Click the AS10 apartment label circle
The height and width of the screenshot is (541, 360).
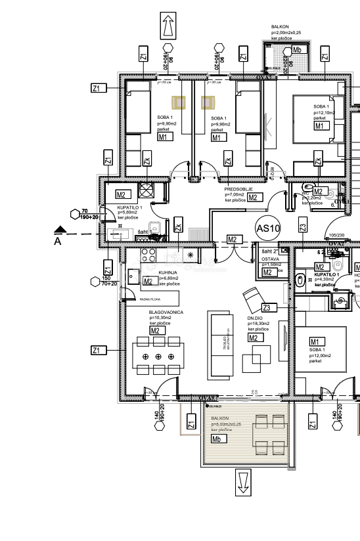click(x=268, y=228)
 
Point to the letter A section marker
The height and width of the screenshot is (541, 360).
click(x=56, y=241)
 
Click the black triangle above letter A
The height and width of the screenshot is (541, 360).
click(x=60, y=230)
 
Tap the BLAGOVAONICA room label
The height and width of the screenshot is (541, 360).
click(x=166, y=313)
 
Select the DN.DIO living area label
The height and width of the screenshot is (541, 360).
click(x=256, y=318)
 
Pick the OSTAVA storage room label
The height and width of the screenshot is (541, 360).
click(x=271, y=259)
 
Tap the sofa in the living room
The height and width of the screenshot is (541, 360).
click(x=219, y=345)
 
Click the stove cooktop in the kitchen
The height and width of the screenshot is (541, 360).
click(x=146, y=255)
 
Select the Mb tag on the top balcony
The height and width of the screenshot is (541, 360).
click(x=298, y=50)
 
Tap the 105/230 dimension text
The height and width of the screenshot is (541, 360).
click(x=337, y=234)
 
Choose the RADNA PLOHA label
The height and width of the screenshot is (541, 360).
click(x=151, y=299)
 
